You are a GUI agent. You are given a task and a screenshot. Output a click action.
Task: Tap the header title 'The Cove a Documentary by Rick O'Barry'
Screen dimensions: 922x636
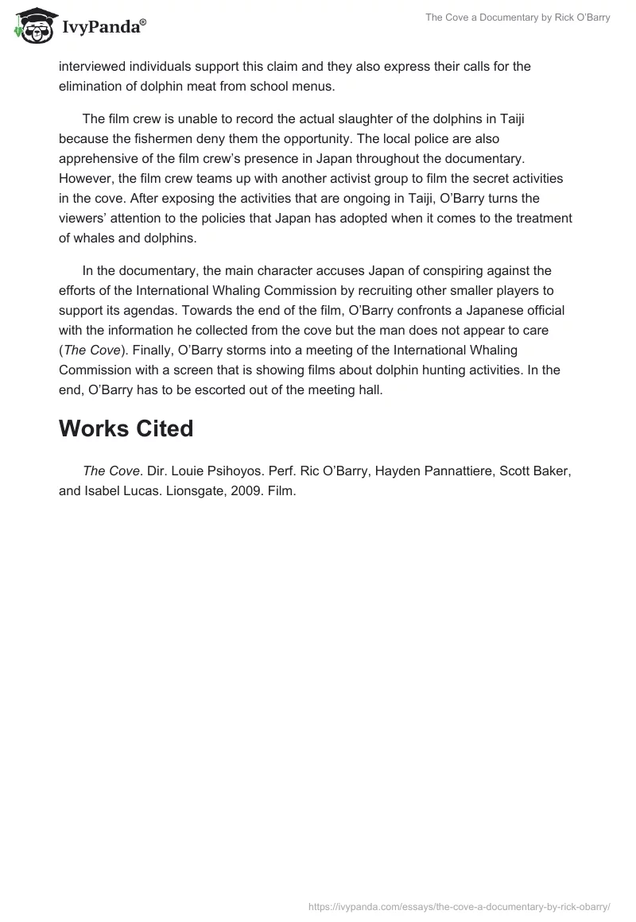click(518, 17)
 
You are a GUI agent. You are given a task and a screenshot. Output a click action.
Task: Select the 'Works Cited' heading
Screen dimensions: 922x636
click(126, 428)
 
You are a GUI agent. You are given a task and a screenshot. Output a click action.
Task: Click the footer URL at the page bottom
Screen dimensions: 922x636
click(459, 905)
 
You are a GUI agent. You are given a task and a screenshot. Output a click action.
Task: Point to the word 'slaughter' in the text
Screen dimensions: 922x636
click(348, 119)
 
